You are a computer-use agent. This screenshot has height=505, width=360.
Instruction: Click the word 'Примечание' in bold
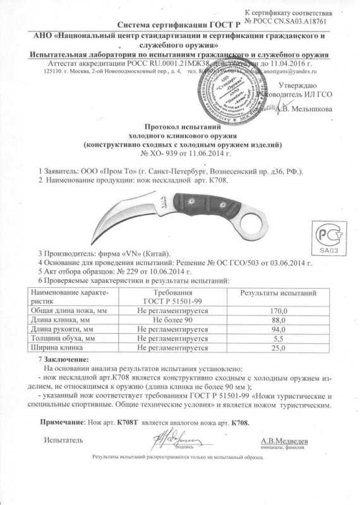(60, 420)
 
